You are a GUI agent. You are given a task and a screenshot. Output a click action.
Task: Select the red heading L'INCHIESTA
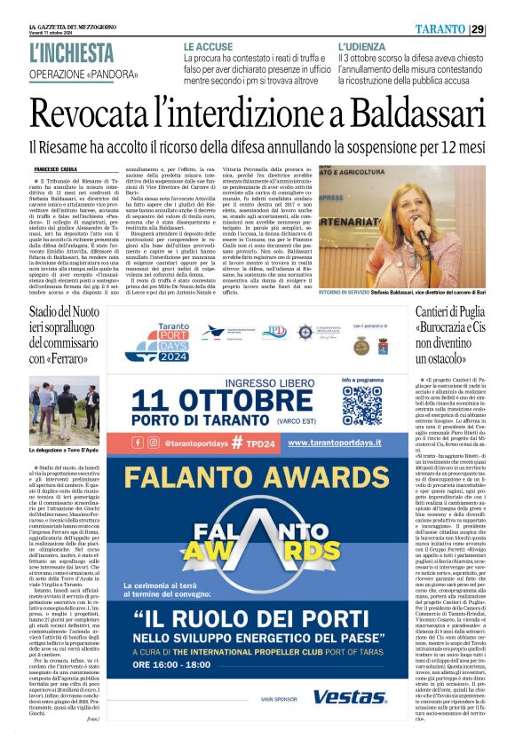71,52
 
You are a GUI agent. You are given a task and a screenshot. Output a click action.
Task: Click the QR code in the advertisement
361,403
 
